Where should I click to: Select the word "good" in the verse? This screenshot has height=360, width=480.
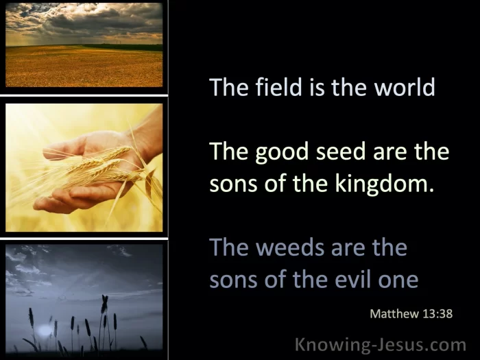point(281,152)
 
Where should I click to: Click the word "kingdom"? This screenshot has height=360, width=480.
point(385,184)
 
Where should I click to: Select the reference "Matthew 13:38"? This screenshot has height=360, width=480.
point(411,313)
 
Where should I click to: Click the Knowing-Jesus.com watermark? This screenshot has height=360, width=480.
point(381,345)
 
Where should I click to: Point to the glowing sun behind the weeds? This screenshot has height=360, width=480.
point(45,330)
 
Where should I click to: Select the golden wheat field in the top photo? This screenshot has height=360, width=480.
point(84,67)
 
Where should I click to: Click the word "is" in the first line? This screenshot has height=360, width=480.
point(317,87)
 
